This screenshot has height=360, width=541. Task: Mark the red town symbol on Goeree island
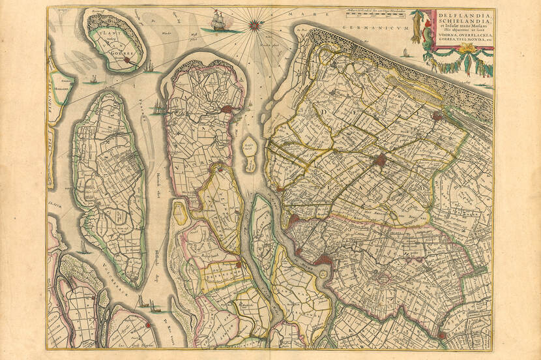tap(133, 63)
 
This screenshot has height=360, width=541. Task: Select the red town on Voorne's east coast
tap(226, 111)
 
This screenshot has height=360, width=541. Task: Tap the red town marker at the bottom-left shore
tap(149, 323)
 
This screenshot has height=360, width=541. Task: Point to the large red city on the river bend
tap(322, 260)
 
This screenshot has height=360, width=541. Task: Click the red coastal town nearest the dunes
tap(437, 117)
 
